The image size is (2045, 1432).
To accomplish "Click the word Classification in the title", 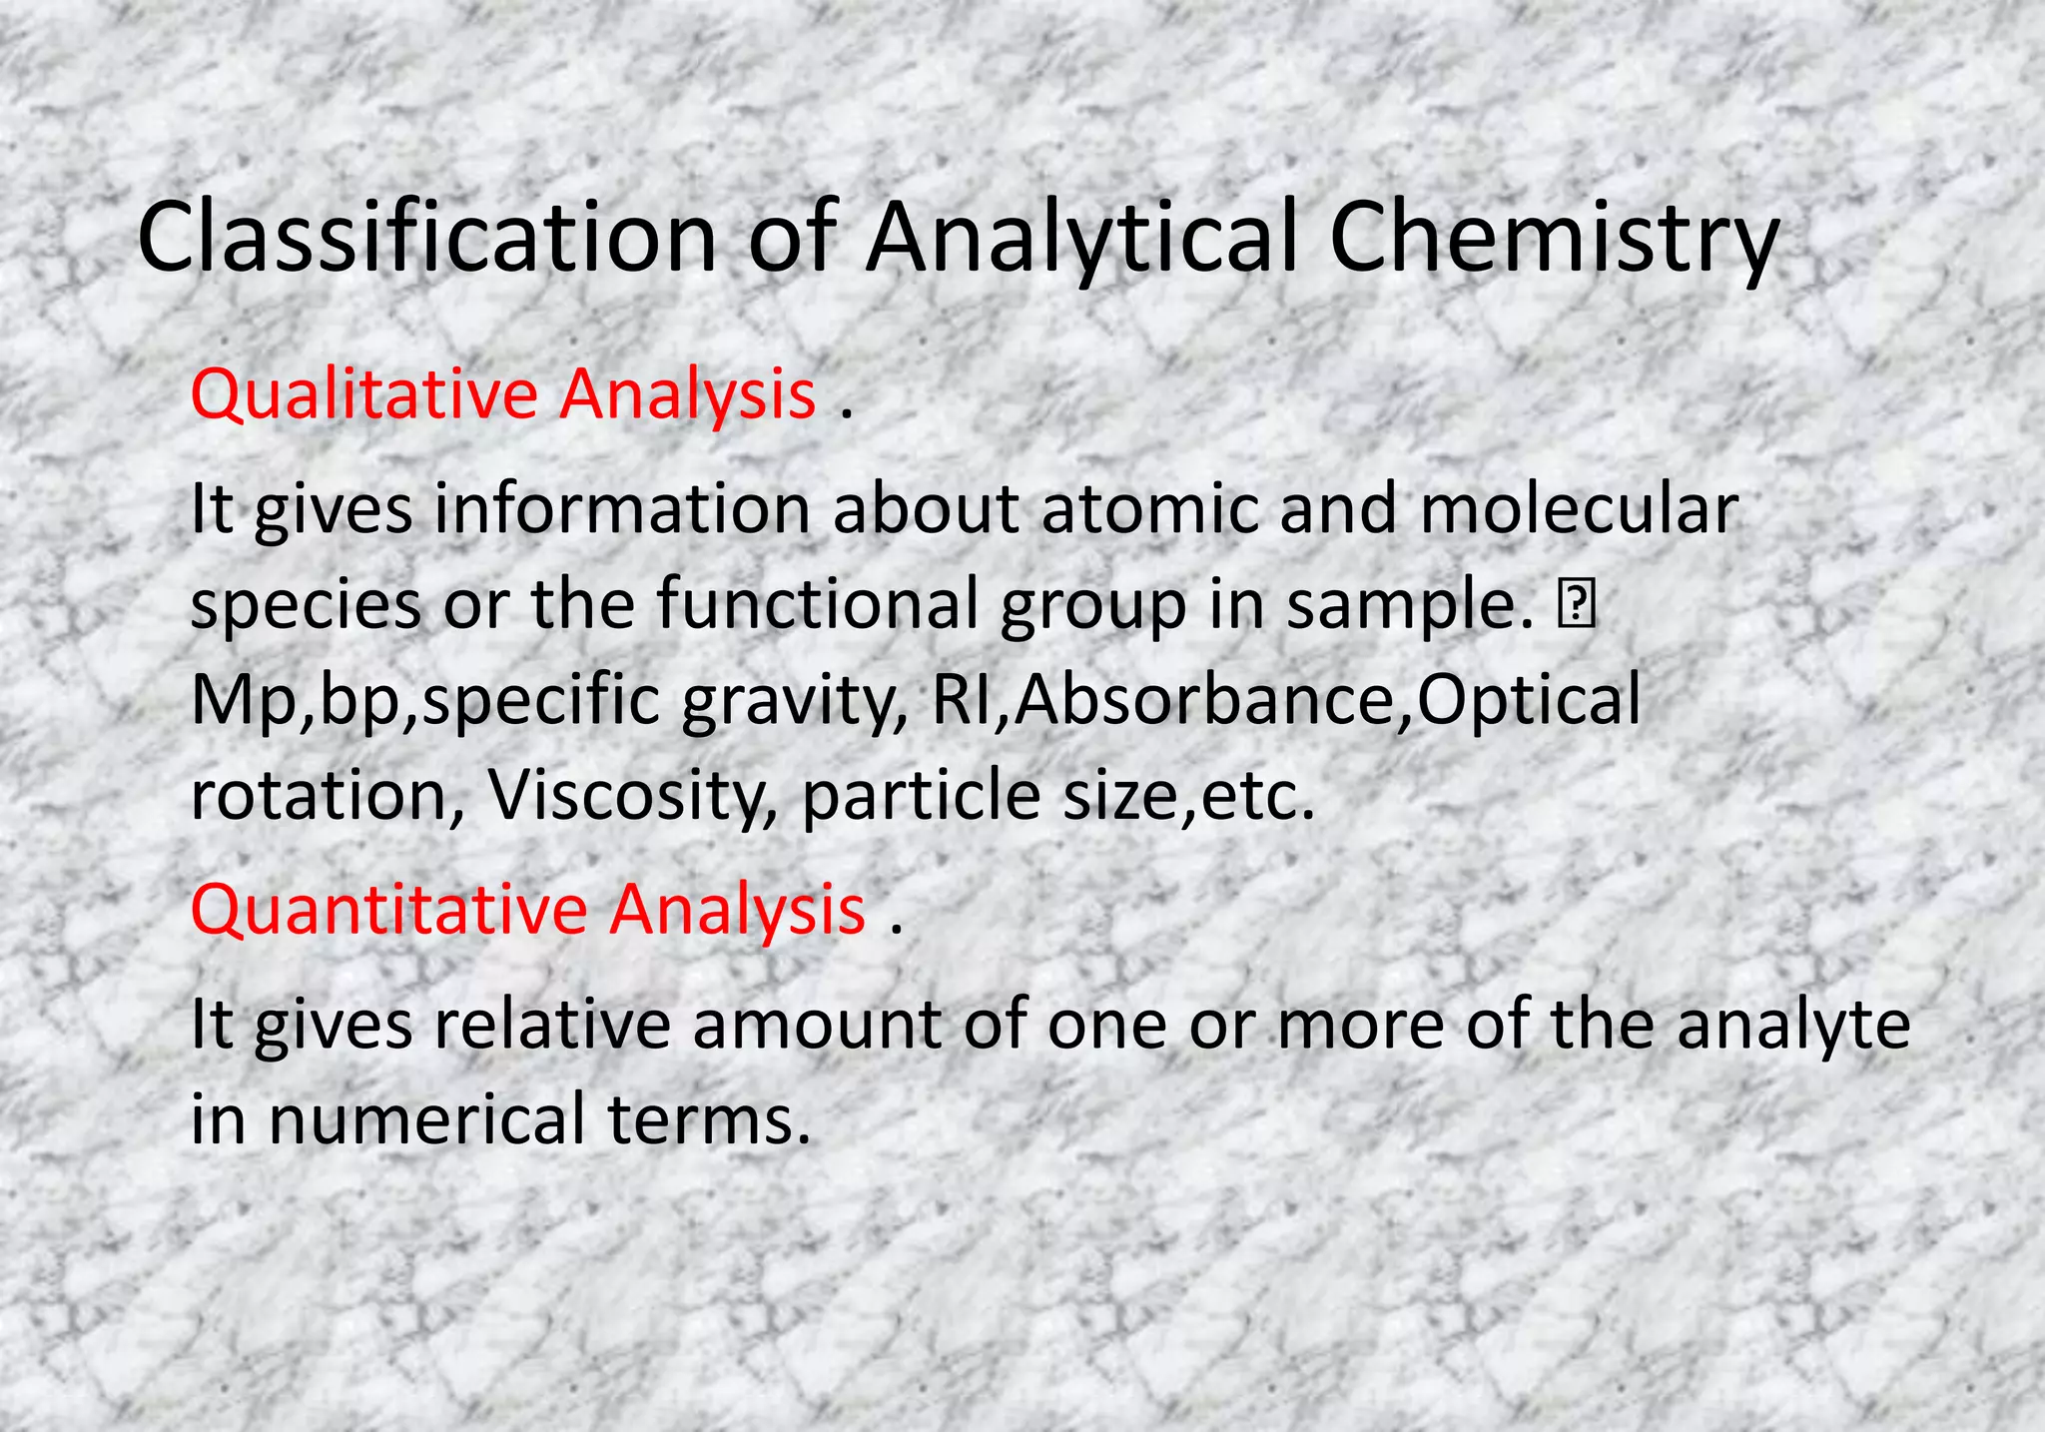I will (426, 238).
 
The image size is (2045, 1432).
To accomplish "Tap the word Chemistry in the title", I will (1554, 238).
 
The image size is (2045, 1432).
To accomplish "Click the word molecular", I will (1579, 509).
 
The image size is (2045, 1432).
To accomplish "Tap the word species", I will (306, 606).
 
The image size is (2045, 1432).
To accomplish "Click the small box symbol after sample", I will (1576, 605).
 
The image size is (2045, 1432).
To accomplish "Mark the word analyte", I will (1793, 1027).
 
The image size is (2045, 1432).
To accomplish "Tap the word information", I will (621, 509).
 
